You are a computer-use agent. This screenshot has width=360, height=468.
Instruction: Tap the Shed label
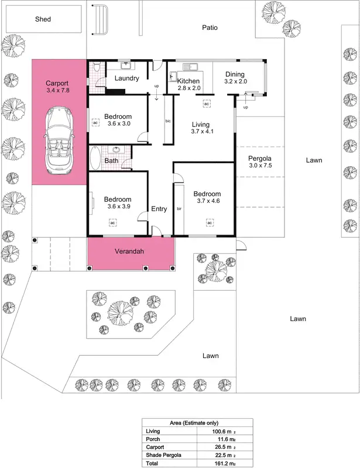click(42, 19)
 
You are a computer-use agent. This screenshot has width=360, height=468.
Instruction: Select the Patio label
click(210, 27)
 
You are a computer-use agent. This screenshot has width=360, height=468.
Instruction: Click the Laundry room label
click(126, 78)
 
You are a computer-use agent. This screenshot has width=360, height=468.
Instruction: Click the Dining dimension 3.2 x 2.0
click(235, 82)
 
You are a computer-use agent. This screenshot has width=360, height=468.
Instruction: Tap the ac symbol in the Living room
click(207, 104)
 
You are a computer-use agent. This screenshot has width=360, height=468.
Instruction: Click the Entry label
click(159, 209)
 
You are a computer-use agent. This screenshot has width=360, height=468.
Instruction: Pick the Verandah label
click(129, 252)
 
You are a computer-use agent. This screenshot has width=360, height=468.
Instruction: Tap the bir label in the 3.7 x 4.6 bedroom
click(179, 208)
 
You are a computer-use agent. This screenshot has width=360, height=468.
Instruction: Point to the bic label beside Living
click(168, 121)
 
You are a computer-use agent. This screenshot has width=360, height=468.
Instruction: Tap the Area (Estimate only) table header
click(197, 422)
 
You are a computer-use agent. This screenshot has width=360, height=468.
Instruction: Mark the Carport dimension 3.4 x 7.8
click(57, 91)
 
